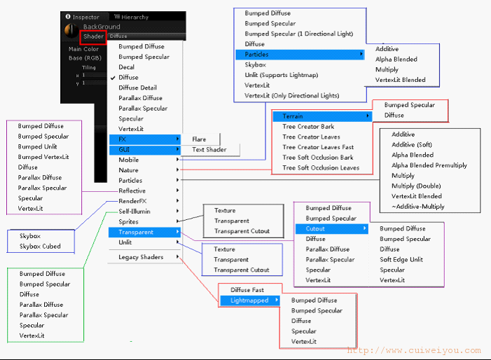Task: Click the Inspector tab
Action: [x=83, y=17]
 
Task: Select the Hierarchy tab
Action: [x=131, y=17]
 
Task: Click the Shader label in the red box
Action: [x=93, y=36]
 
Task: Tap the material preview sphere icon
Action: [x=71, y=31]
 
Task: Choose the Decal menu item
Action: [x=127, y=67]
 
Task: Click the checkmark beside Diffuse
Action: [x=113, y=78]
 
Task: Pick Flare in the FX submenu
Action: [x=199, y=139]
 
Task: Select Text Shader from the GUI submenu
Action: [x=209, y=150]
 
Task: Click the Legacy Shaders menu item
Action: [x=141, y=257]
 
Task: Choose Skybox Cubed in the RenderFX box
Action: [x=40, y=247]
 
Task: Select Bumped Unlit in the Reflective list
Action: [x=38, y=146]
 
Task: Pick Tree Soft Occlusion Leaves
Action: [x=321, y=168]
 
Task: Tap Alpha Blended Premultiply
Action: [x=429, y=165]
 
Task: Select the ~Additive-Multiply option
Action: [x=418, y=207]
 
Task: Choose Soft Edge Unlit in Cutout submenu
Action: [x=401, y=260]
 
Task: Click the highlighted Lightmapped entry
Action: [x=250, y=300]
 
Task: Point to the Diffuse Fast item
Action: [x=247, y=290]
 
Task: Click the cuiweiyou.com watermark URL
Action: [x=414, y=351]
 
